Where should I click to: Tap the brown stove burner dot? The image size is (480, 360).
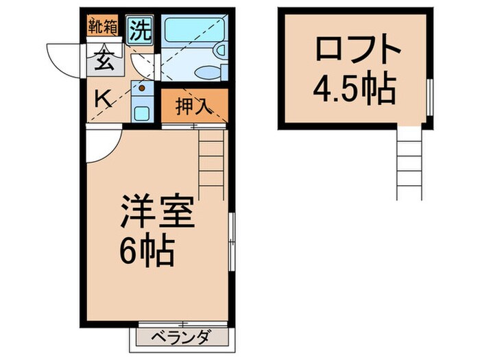click(x=142, y=87)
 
